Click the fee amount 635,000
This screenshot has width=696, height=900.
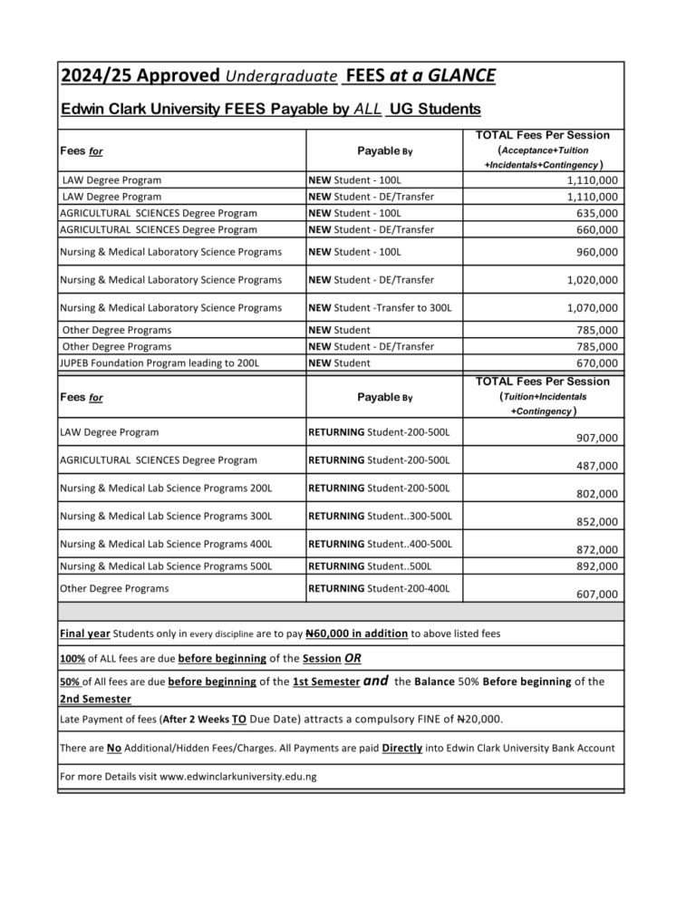click(x=595, y=213)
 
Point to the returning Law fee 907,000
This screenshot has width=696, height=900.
click(x=595, y=439)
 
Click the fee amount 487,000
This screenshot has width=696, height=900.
click(x=595, y=466)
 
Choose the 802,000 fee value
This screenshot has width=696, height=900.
click(x=595, y=494)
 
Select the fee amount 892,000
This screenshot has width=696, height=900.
click(x=595, y=566)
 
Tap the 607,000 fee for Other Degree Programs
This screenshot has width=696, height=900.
click(x=595, y=595)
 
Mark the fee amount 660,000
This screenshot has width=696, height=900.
click(x=595, y=230)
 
